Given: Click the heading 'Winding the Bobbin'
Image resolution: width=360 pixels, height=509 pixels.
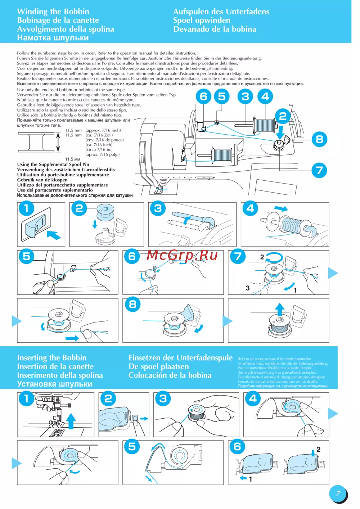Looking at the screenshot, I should click(x=53, y=12).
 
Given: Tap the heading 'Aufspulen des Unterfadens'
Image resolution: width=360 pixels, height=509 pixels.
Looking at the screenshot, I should click(x=221, y=12).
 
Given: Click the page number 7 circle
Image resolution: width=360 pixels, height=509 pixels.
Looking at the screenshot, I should click(x=338, y=494).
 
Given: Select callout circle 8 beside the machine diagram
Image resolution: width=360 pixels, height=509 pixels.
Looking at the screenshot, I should click(x=319, y=139).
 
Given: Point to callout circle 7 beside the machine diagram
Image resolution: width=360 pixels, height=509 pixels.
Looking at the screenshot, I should click(x=319, y=170).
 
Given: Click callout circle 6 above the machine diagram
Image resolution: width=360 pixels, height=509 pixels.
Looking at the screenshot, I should click(x=204, y=96).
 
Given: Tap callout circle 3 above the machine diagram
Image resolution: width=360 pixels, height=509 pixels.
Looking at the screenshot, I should click(x=245, y=96).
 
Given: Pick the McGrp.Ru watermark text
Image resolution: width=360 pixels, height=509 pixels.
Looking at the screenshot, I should click(x=182, y=255).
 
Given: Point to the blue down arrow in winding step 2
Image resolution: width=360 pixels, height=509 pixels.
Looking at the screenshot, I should click(x=95, y=224).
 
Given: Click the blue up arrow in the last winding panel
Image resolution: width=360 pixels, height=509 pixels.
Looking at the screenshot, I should click(x=280, y=309).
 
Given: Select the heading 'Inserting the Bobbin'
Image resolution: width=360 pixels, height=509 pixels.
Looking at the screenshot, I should click(x=51, y=357).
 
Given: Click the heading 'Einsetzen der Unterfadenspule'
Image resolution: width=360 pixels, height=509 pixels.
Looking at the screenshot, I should click(x=180, y=357).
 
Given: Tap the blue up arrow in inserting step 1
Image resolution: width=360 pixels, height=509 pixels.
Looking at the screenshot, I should click(x=71, y=420).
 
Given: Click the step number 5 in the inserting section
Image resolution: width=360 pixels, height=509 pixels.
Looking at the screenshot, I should click(x=132, y=447).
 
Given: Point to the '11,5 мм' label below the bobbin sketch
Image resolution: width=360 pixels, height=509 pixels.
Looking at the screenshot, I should click(x=72, y=159).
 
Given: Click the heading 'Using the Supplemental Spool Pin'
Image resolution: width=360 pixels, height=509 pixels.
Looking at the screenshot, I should click(x=53, y=165).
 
